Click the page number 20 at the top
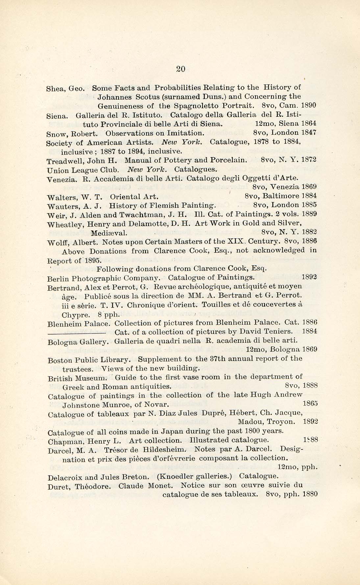[181, 69]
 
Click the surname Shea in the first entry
[55, 88]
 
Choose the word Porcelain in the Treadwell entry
[229, 160]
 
